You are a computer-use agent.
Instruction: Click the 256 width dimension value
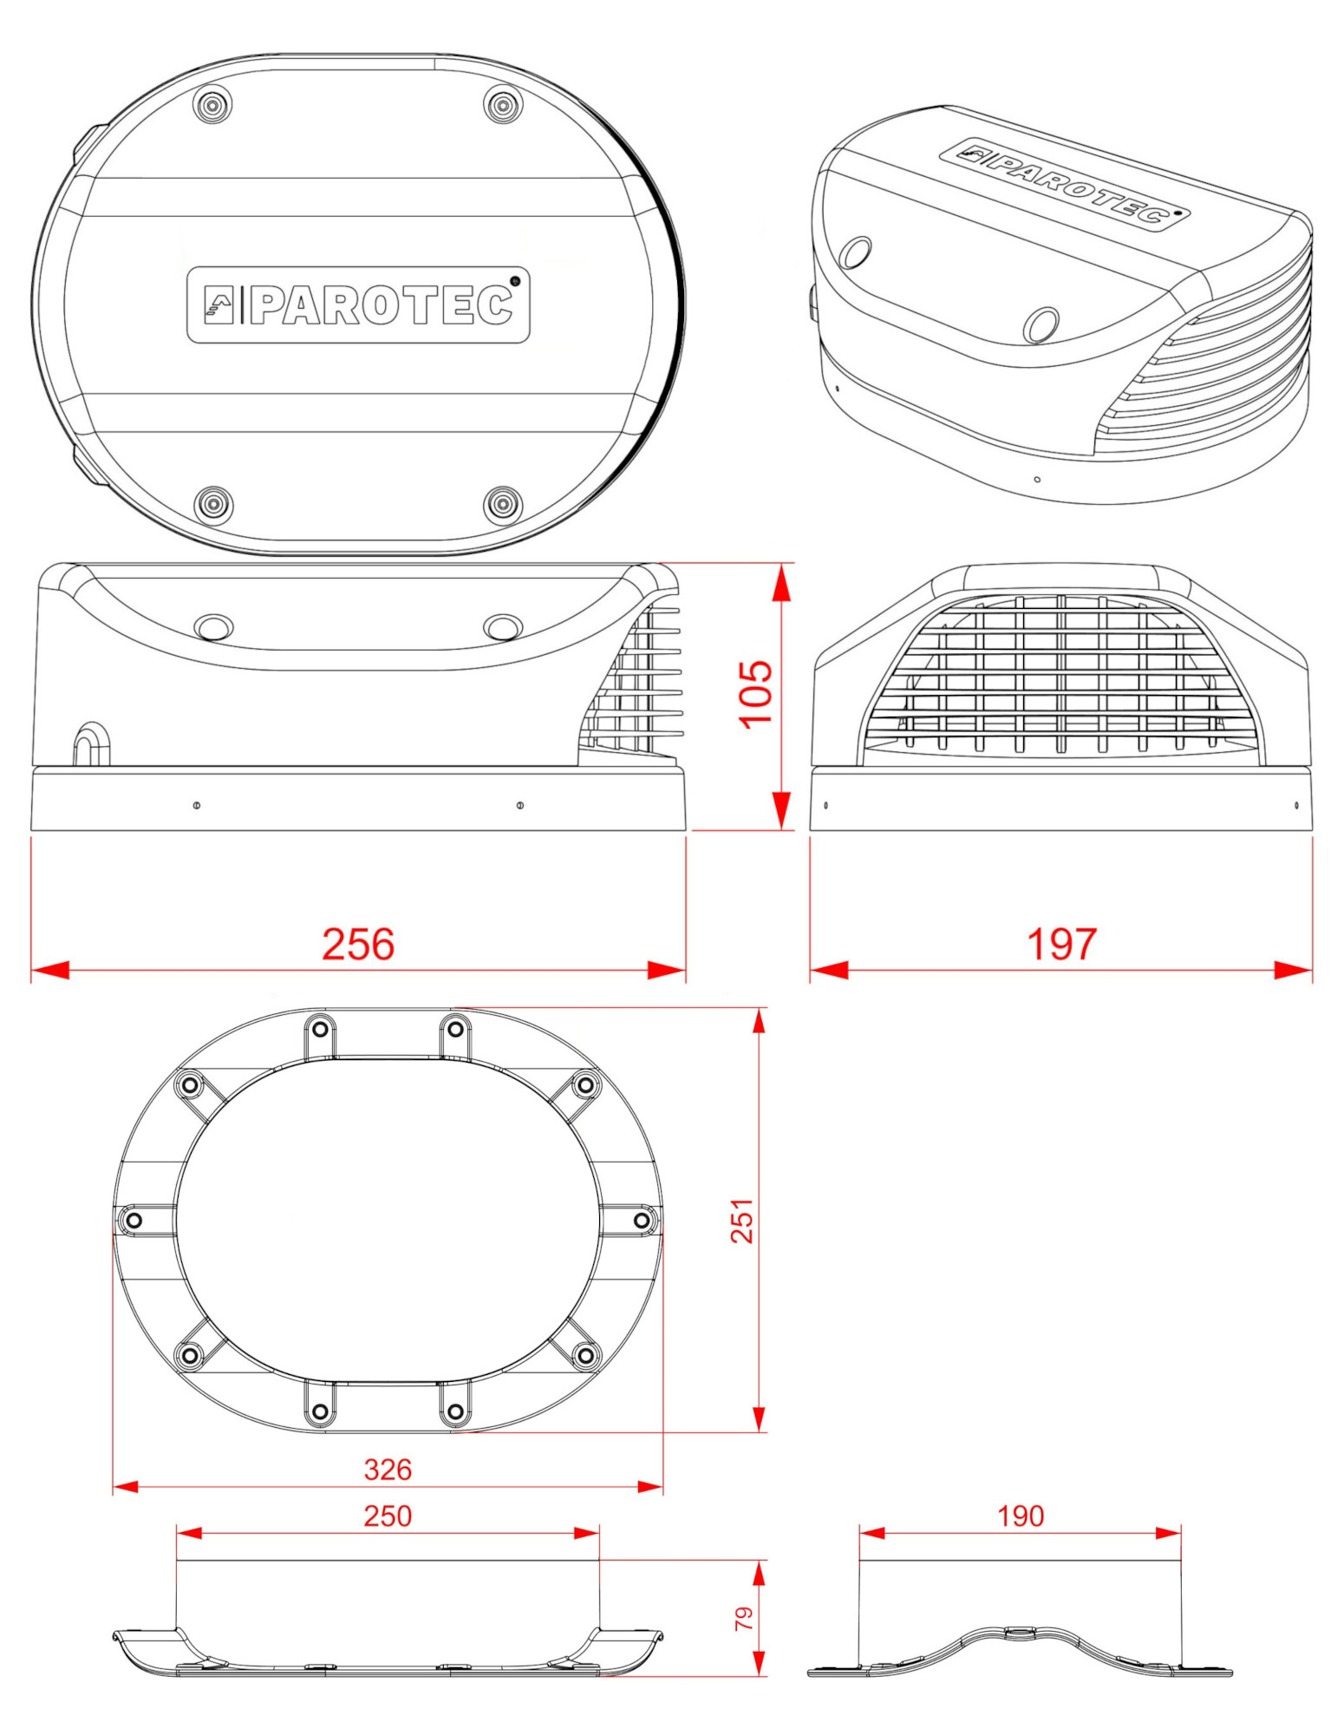coord(358,944)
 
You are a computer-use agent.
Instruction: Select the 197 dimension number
coord(1061,944)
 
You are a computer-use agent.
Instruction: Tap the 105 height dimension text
coord(755,694)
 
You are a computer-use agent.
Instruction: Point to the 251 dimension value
coord(742,1221)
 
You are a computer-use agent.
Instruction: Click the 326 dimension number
coord(388,1470)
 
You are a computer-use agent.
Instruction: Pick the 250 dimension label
coord(388,1516)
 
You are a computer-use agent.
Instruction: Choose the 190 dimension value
coord(1021,1516)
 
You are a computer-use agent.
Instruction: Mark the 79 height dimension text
coord(744,1618)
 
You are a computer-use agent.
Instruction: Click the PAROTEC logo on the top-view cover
coord(358,304)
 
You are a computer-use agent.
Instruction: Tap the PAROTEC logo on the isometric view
coord(1065,183)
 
